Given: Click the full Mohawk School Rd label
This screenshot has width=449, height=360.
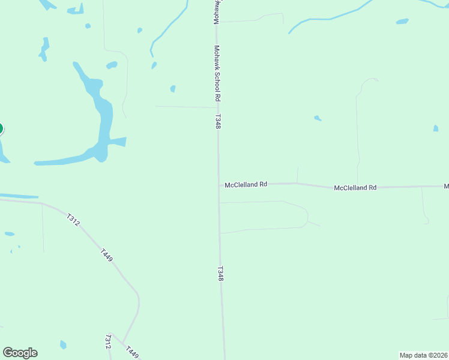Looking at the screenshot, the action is click(x=218, y=73).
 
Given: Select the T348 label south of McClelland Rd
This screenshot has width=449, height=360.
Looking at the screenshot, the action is click(x=221, y=274).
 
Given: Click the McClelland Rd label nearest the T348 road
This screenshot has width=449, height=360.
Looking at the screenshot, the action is click(x=246, y=185).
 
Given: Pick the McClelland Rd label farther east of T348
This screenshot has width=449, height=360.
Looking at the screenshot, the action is click(x=355, y=188).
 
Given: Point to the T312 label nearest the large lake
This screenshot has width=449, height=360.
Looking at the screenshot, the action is click(x=73, y=220).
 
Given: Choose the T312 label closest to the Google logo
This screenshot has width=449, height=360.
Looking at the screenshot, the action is click(x=108, y=342).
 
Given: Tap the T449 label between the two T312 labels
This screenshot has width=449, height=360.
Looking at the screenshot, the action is click(x=106, y=255).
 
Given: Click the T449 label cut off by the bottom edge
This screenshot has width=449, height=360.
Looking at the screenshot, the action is click(x=132, y=352).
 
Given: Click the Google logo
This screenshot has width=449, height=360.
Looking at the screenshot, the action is click(x=20, y=353).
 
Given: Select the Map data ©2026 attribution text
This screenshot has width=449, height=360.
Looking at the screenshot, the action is click(x=424, y=355).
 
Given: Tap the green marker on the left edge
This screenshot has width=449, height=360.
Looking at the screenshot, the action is click(x=1, y=128).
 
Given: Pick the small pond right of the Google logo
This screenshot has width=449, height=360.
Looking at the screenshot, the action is click(x=63, y=344).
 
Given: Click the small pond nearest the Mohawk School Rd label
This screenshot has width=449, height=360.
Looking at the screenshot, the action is click(x=173, y=89).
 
